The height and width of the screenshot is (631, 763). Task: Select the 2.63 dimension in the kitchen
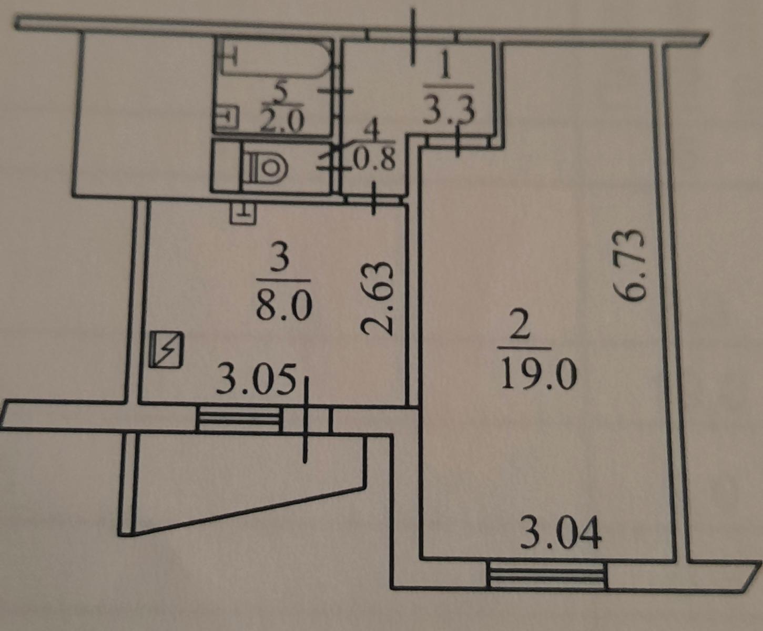(377, 298)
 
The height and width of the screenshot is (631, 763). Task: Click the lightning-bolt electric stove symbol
(166, 349)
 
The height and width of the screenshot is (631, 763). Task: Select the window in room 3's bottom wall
(240, 420)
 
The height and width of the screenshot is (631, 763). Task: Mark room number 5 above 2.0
(281, 93)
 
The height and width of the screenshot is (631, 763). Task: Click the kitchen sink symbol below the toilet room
(243, 213)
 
